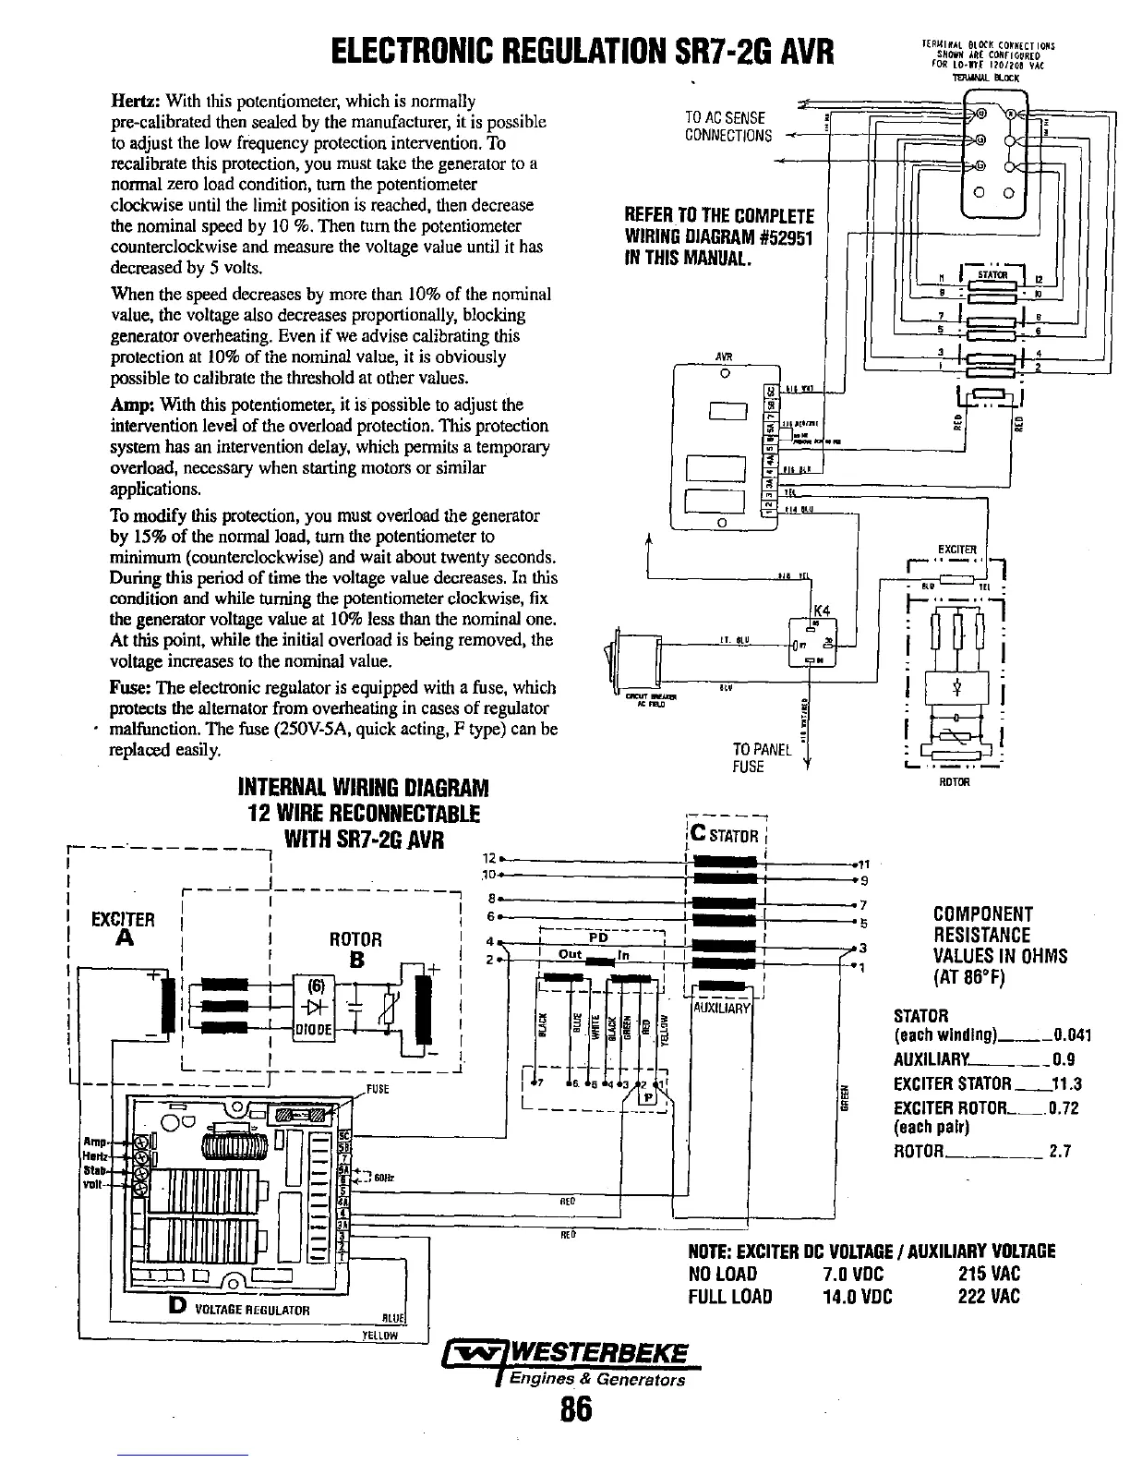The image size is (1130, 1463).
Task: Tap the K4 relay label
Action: [x=821, y=611]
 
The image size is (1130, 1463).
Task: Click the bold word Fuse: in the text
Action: [x=130, y=688]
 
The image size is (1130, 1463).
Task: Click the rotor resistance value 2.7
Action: [x=1060, y=1152]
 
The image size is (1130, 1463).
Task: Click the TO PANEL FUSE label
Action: [x=762, y=757]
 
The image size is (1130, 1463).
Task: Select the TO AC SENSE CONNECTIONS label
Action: [x=727, y=127]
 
